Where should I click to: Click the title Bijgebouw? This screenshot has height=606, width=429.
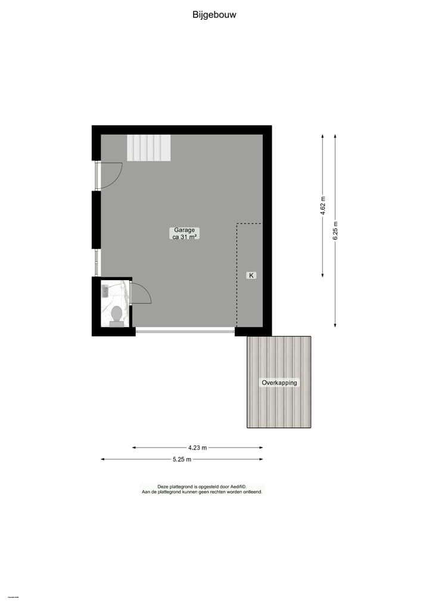214,15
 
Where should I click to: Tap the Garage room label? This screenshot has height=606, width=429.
185,230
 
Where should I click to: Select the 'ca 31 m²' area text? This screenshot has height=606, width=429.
185,237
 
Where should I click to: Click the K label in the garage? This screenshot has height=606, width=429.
251,275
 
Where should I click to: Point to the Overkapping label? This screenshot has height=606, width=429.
279,383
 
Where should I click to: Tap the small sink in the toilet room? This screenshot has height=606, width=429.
105,291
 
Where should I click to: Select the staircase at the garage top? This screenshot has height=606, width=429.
148,148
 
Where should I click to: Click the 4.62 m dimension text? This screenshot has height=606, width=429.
323,206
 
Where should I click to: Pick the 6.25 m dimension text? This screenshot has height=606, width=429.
335,230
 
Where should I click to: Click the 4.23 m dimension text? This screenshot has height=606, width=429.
197,447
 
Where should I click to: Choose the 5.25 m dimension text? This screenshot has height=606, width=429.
182,459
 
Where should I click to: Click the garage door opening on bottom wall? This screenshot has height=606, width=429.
185,330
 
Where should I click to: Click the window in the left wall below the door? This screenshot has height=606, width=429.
97,262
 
